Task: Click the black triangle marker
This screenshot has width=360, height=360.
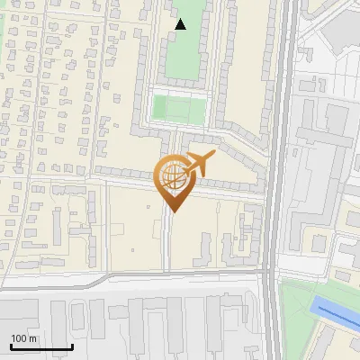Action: [181, 24]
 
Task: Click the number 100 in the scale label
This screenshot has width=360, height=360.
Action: [20, 338]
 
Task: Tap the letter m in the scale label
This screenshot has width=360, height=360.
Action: [34, 338]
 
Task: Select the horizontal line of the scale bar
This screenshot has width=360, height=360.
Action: [41, 346]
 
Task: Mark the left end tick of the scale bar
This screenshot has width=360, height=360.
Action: [11, 346]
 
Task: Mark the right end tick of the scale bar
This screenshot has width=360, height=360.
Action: [72, 346]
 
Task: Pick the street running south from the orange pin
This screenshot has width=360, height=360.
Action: [168, 243]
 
